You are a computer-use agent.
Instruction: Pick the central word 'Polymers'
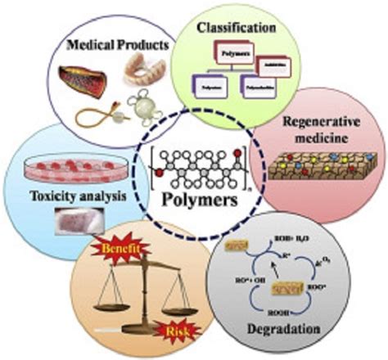(x=194, y=200)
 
